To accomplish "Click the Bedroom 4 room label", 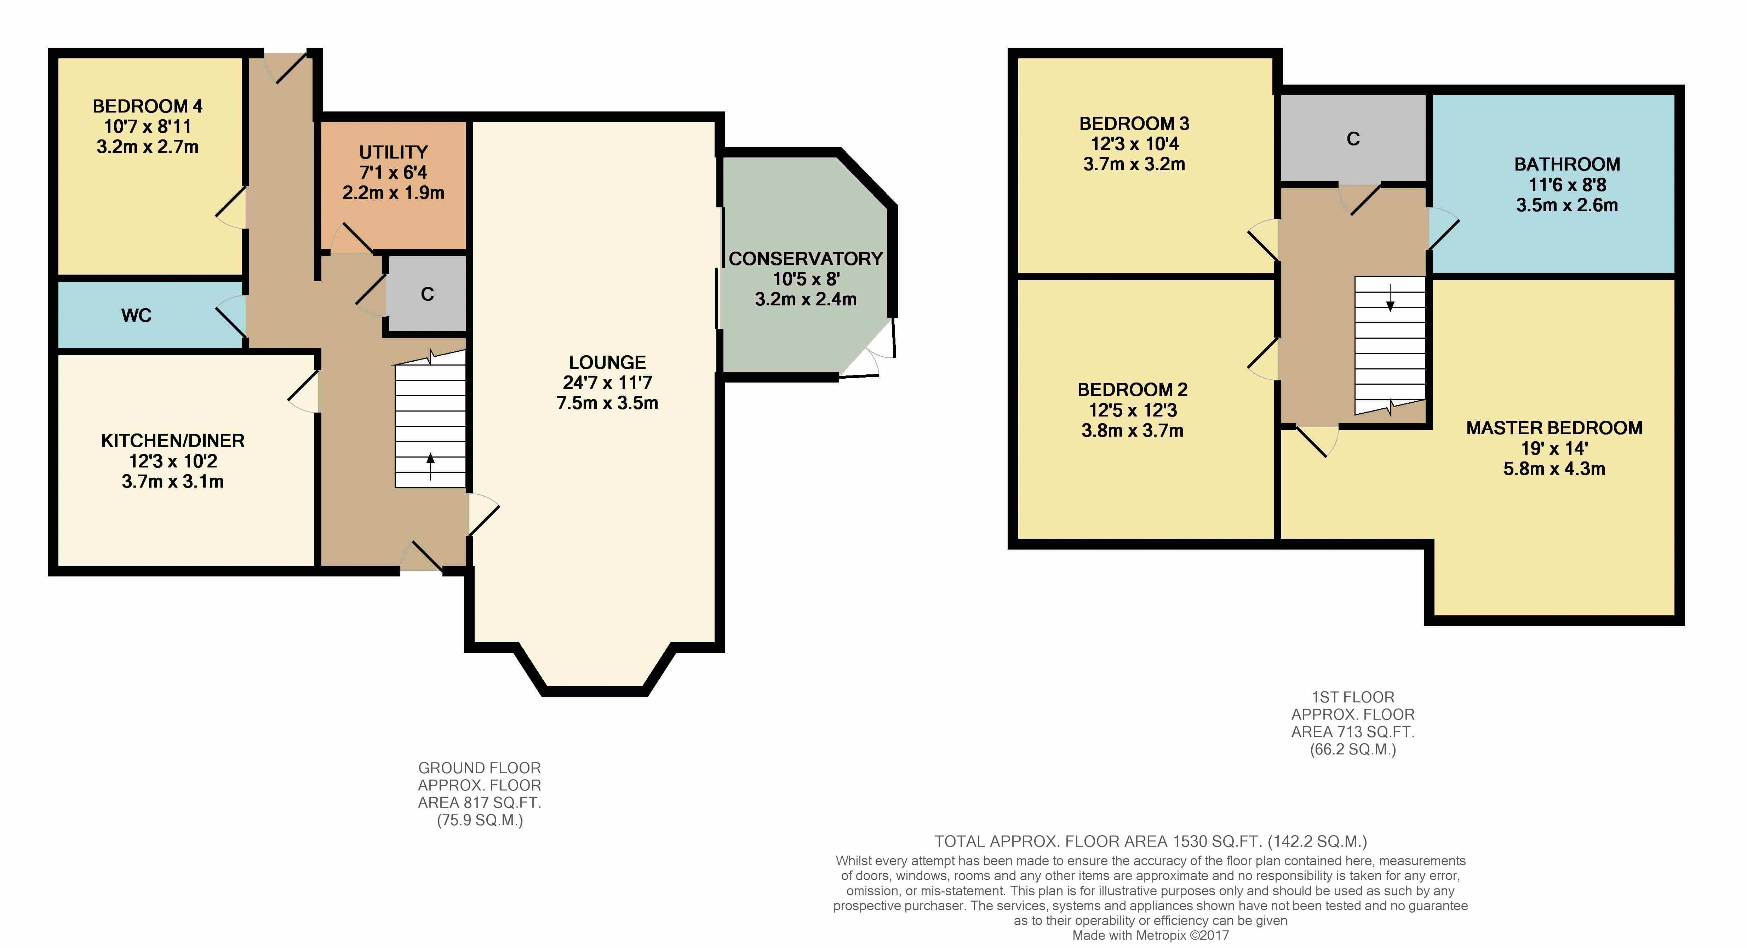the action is click(x=147, y=107).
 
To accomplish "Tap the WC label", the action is click(x=136, y=315).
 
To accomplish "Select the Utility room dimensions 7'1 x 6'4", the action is click(x=393, y=172).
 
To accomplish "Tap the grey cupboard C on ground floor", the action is click(x=426, y=294).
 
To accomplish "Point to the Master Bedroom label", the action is click(x=1554, y=428).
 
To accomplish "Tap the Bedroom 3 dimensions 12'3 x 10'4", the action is click(x=1135, y=144).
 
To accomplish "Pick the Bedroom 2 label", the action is click(x=1133, y=390).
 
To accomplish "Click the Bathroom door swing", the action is click(x=1444, y=229).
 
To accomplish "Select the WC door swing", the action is click(x=231, y=315).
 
